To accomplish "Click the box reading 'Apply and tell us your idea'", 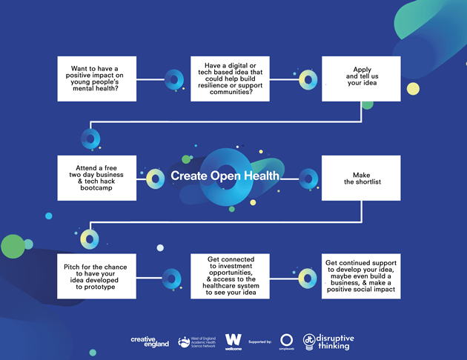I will click(361, 78).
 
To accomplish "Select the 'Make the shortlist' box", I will click(361, 177).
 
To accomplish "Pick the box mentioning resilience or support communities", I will click(229, 78).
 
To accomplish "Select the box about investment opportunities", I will click(229, 276).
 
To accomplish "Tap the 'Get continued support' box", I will click(361, 276).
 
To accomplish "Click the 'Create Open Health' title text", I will click(225, 176).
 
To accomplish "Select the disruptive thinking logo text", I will click(336, 341).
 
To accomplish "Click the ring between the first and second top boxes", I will click(173, 79).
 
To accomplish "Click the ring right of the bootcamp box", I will click(155, 178).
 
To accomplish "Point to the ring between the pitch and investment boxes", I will click(172, 277).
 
